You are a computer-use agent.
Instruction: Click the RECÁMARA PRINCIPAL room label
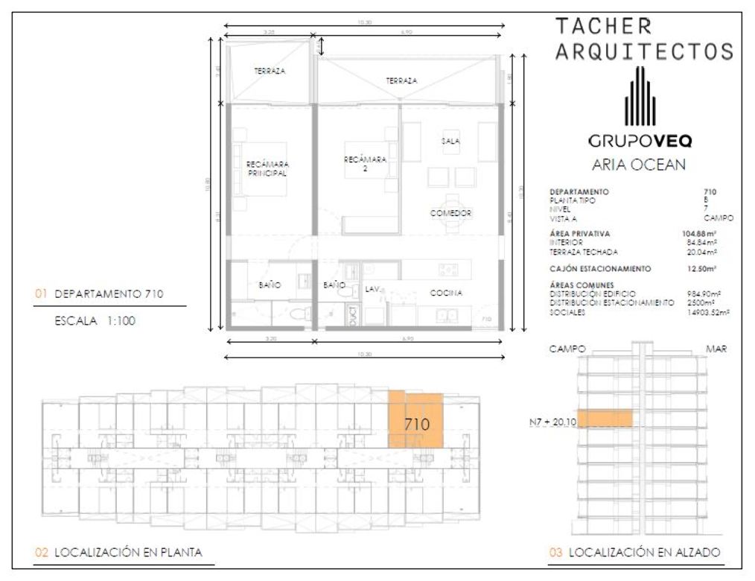click(x=267, y=168)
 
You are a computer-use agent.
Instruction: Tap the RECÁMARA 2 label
click(x=365, y=164)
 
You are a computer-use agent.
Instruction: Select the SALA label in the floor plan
click(x=449, y=141)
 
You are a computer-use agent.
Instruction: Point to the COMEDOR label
click(x=451, y=213)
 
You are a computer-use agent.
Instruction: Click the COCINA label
click(x=446, y=293)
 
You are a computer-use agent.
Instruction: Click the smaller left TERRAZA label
click(x=270, y=72)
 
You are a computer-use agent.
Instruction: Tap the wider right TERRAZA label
click(x=401, y=80)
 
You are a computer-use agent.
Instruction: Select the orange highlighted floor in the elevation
click(x=604, y=419)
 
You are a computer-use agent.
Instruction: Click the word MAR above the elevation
click(x=717, y=349)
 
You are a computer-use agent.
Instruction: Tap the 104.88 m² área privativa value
click(x=699, y=234)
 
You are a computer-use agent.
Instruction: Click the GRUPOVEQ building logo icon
click(x=640, y=97)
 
